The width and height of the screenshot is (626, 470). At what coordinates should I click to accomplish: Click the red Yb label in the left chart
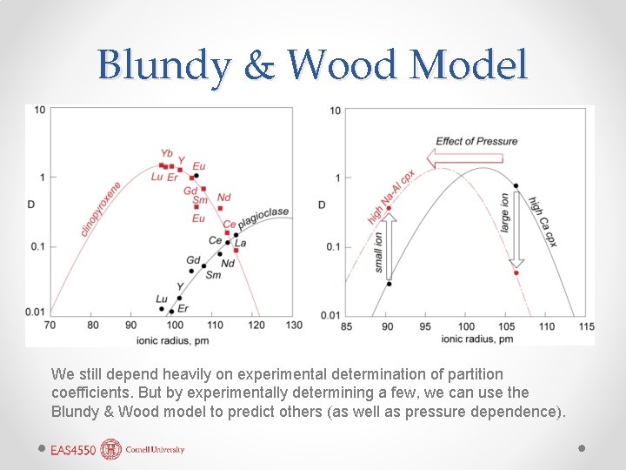point(167,154)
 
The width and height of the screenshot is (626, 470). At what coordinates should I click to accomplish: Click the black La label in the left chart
point(240,243)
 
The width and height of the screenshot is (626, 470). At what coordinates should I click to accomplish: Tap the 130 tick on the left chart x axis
point(294,325)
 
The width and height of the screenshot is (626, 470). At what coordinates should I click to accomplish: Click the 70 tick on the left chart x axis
point(50,325)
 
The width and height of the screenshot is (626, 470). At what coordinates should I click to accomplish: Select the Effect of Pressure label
point(476,141)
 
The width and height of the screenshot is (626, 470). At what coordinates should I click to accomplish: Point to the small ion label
point(379,252)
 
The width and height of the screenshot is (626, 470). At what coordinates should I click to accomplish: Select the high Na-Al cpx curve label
point(390,197)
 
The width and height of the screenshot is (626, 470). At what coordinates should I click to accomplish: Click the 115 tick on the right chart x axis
point(586,326)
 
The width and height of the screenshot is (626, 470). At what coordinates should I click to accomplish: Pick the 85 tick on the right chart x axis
point(347,326)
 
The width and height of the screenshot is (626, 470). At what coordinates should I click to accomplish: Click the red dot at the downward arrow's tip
point(516,273)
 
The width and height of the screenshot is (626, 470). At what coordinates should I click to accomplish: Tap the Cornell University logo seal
point(110,449)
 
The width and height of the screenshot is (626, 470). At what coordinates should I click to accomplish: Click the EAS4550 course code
point(73,450)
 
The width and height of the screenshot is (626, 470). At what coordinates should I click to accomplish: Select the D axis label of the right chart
point(322,205)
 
